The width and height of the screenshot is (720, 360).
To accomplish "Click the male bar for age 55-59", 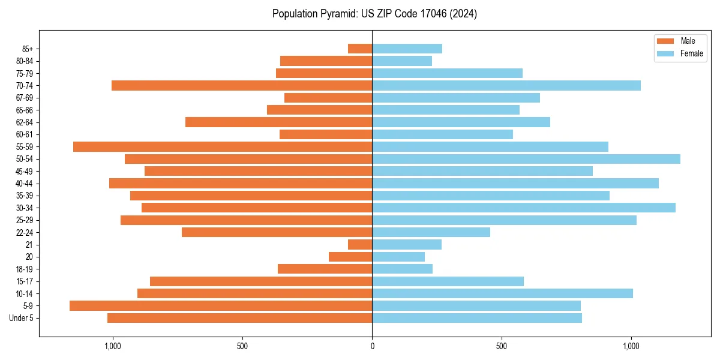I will point(223,146).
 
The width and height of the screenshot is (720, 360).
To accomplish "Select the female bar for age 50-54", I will point(526,159).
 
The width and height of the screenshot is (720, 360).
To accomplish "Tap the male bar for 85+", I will point(360,49).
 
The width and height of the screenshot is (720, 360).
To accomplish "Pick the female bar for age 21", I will point(407,244).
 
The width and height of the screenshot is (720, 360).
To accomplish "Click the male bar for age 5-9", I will point(221,305).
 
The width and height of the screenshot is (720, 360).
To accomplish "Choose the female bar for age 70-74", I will point(506,85).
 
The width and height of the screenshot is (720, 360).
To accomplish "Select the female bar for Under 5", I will point(477,318).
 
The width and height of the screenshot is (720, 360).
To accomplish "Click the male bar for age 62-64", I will point(279,122).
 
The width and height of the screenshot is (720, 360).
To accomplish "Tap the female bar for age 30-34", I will point(524,208).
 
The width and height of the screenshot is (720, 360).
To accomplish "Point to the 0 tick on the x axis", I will point(372,346).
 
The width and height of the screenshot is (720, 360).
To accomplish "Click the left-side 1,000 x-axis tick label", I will point(113,346).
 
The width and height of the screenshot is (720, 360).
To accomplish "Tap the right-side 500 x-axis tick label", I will point(502,346).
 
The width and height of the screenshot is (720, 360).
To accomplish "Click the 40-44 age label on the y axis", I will point(25,183).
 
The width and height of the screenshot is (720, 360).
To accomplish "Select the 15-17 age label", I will point(25,281).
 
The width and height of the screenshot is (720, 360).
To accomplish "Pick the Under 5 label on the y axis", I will point(22,318).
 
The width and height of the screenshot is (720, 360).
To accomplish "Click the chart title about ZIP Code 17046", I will point(374,14).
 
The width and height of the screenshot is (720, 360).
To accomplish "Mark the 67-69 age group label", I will point(25,98).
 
